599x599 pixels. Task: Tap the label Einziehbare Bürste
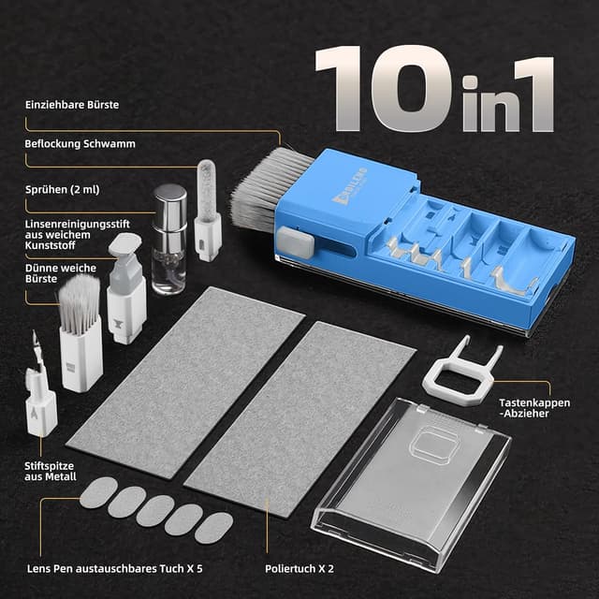[x=72, y=104]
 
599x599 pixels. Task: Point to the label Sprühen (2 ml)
[x=63, y=187]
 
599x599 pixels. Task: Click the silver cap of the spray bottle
[x=169, y=203]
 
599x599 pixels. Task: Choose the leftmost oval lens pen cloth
[x=98, y=492]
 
